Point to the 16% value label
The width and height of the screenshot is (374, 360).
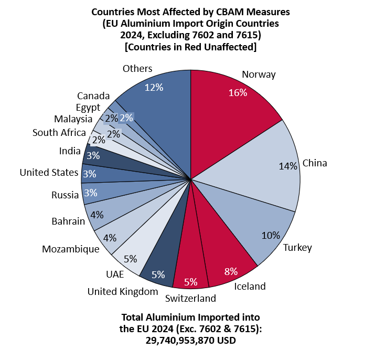(x=238, y=93)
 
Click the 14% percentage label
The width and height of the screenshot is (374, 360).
(x=288, y=166)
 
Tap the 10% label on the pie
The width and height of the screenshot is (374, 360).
(x=270, y=235)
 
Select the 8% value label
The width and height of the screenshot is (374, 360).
(x=230, y=271)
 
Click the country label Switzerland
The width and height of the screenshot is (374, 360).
(x=190, y=299)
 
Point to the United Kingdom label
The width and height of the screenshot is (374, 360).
(x=123, y=291)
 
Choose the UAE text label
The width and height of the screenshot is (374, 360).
(x=115, y=274)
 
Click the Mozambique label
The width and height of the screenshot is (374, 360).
(x=71, y=249)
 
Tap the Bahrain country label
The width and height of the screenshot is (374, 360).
(x=68, y=221)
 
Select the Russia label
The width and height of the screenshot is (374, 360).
(x=65, y=195)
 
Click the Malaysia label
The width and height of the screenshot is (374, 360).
(x=73, y=119)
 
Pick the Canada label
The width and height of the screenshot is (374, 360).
(x=93, y=96)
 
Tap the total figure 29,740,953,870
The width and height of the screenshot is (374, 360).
(x=179, y=340)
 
